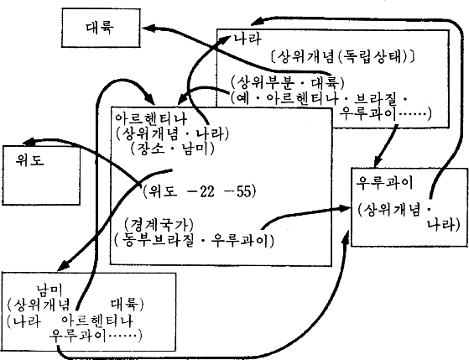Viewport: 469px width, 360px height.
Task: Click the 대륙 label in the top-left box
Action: click(x=100, y=28)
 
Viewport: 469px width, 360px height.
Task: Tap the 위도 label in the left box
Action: click(x=29, y=159)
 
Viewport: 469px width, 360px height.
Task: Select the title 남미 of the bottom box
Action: click(x=50, y=290)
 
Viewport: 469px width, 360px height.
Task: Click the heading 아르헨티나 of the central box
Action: click(x=151, y=119)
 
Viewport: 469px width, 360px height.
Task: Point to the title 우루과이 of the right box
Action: click(x=384, y=182)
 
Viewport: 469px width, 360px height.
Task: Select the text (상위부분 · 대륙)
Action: click(x=288, y=82)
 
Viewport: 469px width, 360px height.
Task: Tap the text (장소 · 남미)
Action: click(x=172, y=149)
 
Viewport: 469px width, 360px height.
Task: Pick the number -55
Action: click(x=237, y=191)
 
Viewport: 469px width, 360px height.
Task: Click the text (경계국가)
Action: click(x=159, y=224)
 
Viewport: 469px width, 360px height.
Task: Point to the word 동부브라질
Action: click(x=155, y=240)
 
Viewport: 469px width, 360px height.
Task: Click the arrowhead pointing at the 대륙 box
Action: click(x=148, y=29)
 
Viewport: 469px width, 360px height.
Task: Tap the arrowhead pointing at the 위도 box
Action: click(x=30, y=141)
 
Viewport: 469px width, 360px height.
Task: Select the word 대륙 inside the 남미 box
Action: click(x=125, y=305)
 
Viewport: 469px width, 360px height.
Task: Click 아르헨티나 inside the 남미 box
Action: click(x=97, y=321)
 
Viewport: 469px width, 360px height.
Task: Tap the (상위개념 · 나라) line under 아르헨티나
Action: click(x=172, y=134)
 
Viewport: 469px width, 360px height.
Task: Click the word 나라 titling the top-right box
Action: click(x=247, y=39)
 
